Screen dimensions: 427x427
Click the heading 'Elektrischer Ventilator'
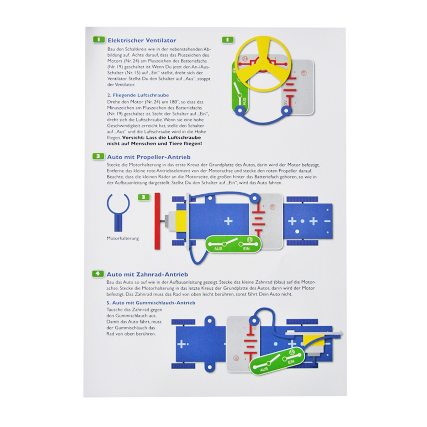coord(142,40)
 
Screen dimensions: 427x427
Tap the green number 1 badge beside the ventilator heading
coord(99,39)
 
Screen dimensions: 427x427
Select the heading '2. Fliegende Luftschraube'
coord(138,95)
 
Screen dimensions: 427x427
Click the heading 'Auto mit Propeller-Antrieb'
coord(149,157)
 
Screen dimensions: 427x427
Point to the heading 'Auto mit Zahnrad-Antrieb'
coord(147,274)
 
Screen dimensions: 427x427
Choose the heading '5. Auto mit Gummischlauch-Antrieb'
coord(151,303)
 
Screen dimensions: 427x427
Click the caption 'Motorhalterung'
coord(122,238)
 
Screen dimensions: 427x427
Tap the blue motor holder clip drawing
coord(118,212)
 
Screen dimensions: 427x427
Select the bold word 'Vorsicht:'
coord(133,137)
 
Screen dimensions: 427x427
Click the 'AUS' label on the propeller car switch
coord(218,249)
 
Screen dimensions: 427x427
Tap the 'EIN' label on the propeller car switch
coord(246,249)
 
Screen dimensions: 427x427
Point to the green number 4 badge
coord(98,274)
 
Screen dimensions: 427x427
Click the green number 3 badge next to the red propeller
coord(144,197)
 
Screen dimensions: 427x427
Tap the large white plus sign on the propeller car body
coord(228,221)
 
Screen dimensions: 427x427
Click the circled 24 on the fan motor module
coord(245,58)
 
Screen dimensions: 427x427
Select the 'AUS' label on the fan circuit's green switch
coord(244,102)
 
